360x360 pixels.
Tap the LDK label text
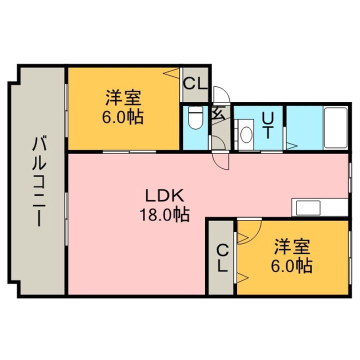coord(165,195)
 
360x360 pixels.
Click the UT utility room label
coord(269,125)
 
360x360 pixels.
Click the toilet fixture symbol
coord(194,120)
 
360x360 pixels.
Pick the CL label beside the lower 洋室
coord(222,257)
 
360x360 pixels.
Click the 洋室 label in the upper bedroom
coord(123,96)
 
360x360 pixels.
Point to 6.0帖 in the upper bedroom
coord(123,117)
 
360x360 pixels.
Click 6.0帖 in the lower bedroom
coord(292,265)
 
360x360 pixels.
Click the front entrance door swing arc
coord(220,95)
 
